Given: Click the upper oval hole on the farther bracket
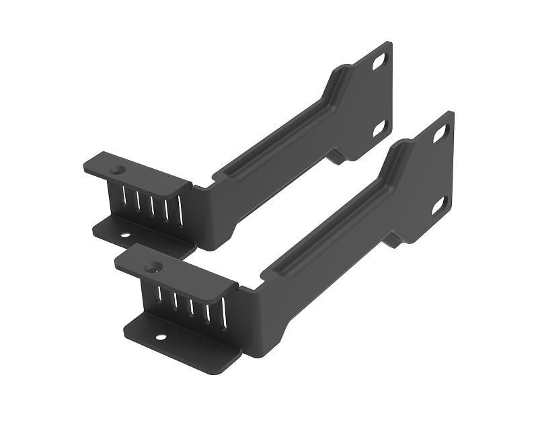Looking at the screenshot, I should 379,61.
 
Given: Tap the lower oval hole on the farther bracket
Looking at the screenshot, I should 379,127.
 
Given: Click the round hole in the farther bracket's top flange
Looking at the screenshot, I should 118,171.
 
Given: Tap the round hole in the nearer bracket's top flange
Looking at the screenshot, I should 155,267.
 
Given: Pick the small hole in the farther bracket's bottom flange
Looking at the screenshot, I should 124,235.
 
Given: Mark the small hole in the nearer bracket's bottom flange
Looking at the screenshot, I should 161,336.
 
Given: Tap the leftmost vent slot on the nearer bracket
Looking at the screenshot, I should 159,294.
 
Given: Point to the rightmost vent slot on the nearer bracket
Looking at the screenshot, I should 224,313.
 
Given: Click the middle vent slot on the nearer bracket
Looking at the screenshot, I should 191,304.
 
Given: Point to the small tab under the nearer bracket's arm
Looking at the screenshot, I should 391,239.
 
